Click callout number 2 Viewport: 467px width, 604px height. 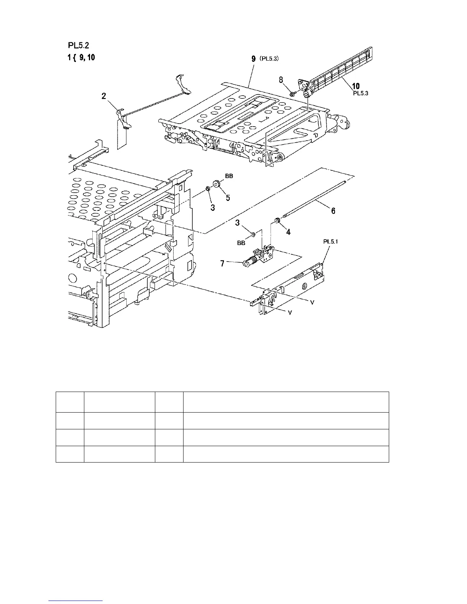(104, 96)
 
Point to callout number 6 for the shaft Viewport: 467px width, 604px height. (333, 211)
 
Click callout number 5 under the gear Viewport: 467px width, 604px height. (228, 198)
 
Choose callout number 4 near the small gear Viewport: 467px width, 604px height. (288, 231)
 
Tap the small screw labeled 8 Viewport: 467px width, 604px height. (292, 93)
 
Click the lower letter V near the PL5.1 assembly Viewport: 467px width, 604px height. (290, 313)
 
